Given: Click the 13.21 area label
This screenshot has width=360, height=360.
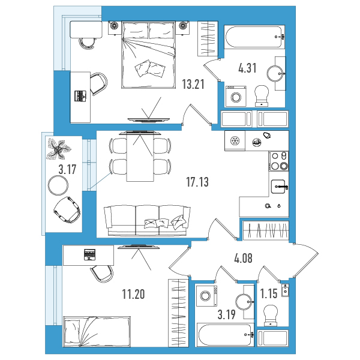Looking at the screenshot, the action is point(193,84).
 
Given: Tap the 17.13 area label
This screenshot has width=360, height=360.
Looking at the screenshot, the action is point(197,182).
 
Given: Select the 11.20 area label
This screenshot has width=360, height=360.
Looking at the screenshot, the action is point(133,294).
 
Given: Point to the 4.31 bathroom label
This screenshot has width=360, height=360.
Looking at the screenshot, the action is point(247,68).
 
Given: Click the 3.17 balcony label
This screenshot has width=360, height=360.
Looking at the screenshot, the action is point(67,170).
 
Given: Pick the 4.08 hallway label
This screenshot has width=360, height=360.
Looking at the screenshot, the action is point(243,258).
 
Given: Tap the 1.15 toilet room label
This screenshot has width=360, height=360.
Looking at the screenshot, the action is point(269,293).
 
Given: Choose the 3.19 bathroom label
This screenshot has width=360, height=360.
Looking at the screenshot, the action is point(227,314).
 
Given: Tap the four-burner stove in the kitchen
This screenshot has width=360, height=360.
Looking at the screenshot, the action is point(279,161).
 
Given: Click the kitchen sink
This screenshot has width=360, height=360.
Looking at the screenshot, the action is point(279,187).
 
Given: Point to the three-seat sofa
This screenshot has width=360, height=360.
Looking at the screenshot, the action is point(147,220).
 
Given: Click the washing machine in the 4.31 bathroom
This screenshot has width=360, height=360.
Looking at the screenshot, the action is point(236,97).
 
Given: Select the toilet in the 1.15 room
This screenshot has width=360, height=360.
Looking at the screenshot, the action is point(271,315).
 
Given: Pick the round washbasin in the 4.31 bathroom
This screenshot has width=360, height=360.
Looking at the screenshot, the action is point(275,73).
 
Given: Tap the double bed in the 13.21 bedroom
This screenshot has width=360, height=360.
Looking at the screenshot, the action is point(148,55).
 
